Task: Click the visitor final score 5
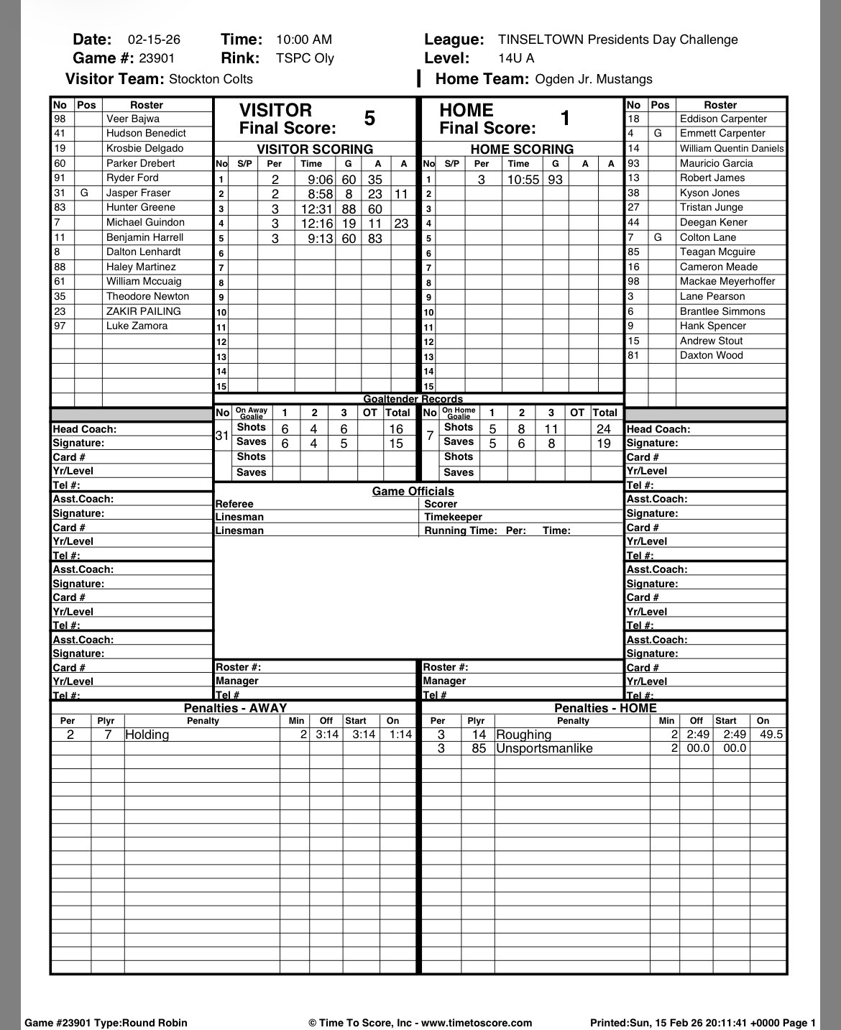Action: pos(369,119)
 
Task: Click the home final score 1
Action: pos(565,119)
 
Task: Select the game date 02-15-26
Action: pos(154,40)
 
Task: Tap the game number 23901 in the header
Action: pos(157,58)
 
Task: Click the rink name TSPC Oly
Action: pos(305,58)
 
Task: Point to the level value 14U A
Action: pos(516,58)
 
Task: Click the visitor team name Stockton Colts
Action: pos(211,79)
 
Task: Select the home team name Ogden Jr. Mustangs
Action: pos(594,79)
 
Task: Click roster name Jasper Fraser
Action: pos(139,193)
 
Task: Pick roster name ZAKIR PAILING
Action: pos(144,311)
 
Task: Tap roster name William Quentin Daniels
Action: pos(732,148)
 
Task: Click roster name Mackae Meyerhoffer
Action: pos(727,282)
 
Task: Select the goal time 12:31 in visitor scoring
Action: pos(317,209)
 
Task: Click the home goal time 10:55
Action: pos(523,180)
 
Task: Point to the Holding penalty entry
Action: pos(147,735)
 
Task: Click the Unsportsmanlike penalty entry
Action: pos(544,748)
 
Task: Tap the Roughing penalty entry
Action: pos(524,735)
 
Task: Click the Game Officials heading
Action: pos(413,492)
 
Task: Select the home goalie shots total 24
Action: pos(604,429)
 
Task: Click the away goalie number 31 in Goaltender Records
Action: pos(222,436)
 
